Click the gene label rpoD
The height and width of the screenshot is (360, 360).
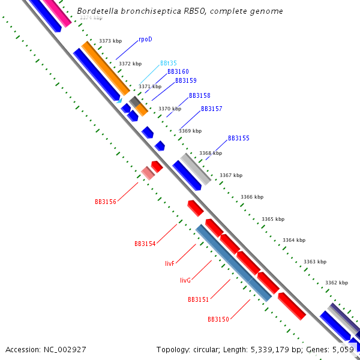coord(145,39)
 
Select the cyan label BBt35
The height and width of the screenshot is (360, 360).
coord(168,63)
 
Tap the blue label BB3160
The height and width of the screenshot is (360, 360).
coord(178,71)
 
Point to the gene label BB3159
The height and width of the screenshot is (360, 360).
coord(185,80)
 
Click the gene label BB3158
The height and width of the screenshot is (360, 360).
coord(199,95)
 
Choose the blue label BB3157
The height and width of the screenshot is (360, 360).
coord(211,109)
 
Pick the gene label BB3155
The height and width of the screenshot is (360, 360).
coord(238,138)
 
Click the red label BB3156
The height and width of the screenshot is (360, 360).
coord(105,202)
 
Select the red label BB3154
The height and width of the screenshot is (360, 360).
coord(145,244)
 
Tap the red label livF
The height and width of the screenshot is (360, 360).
coord(169,263)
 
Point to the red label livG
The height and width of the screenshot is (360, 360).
coord(185,280)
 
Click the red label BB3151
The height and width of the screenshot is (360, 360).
coord(198,299)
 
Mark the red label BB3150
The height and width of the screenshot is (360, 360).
coord(218,319)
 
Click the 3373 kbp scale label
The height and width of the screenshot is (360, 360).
coord(110,41)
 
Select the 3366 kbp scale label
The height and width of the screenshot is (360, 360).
coord(251,197)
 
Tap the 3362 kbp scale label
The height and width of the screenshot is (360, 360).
coord(336,283)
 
